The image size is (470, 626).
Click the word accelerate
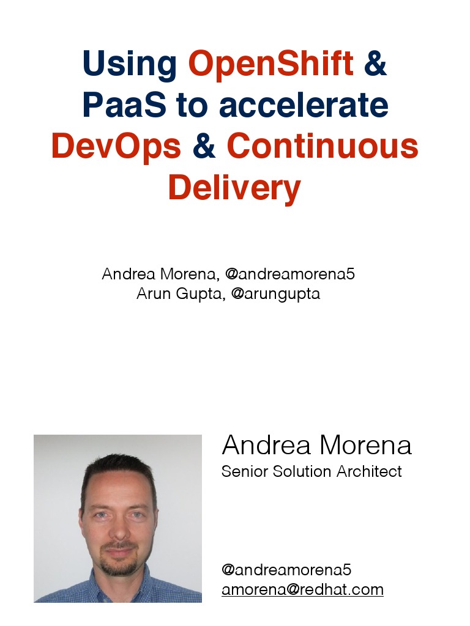(304, 105)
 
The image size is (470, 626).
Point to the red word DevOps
(116, 147)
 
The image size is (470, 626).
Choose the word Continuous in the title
(323, 147)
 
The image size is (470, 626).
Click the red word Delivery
(234, 188)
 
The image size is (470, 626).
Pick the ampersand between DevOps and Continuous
(204, 147)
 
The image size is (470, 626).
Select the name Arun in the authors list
(153, 294)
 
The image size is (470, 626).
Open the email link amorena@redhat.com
(302, 590)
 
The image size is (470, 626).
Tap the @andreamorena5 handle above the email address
(286, 570)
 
